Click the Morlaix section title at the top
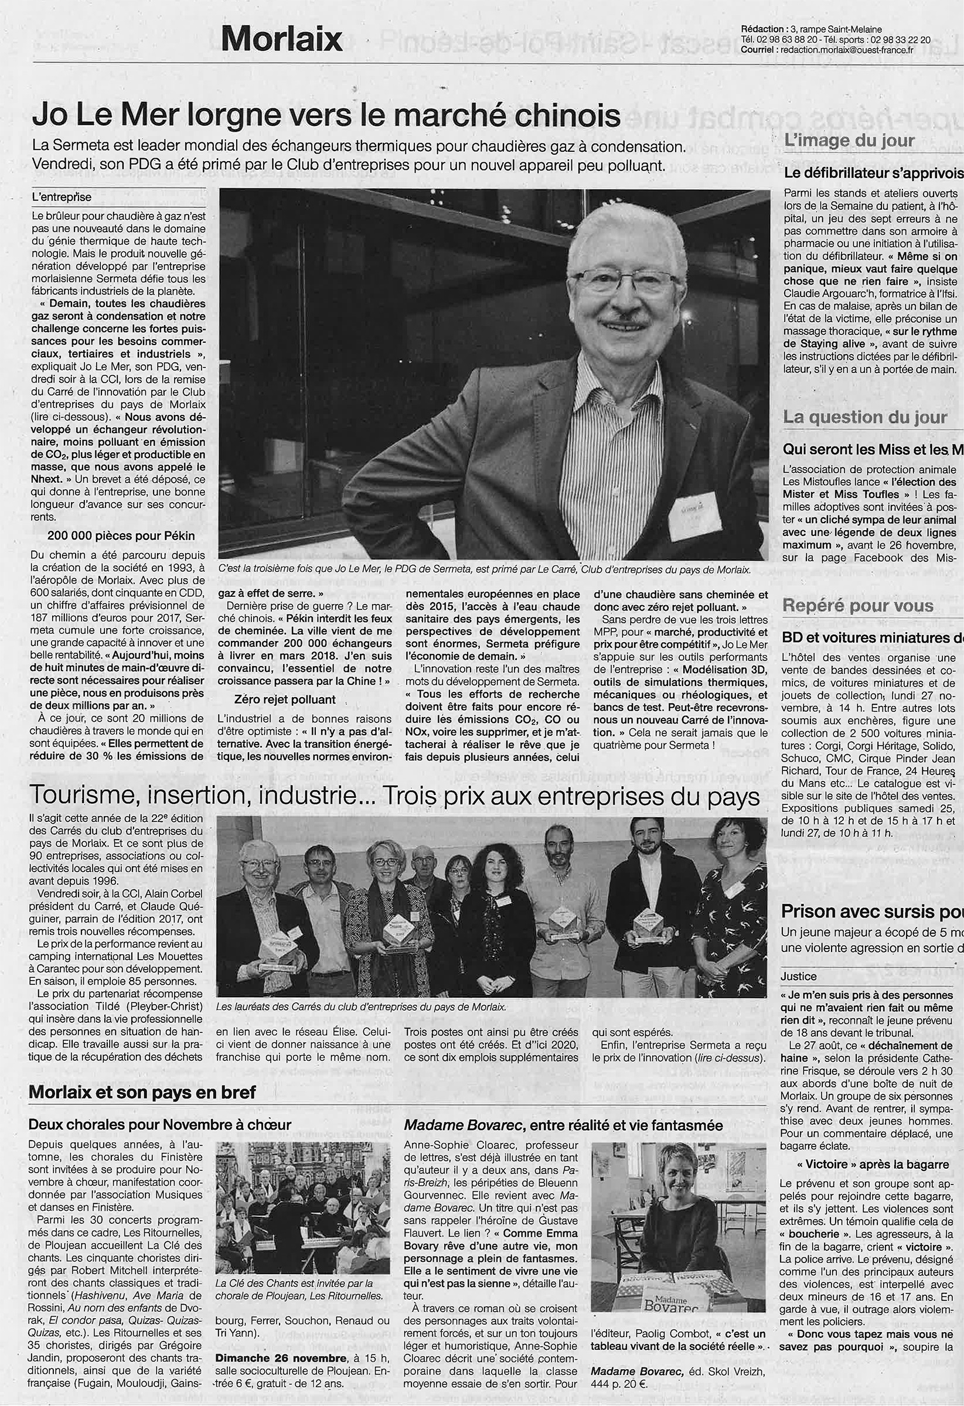[281, 39]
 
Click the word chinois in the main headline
[561, 115]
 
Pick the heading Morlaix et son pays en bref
[142, 1092]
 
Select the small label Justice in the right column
[798, 977]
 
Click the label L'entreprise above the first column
[62, 197]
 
